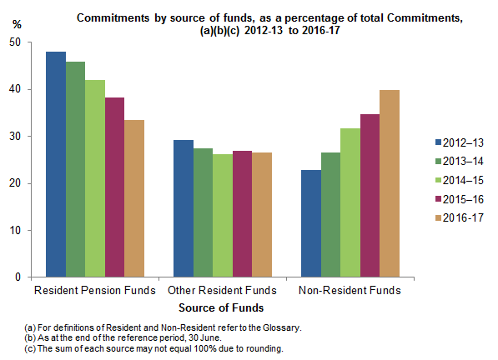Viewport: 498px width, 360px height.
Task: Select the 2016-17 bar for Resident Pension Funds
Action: [x=133, y=198]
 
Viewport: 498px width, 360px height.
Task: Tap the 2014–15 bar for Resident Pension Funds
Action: [x=95, y=178]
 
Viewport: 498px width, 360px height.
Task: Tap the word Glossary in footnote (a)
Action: [x=282, y=328]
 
